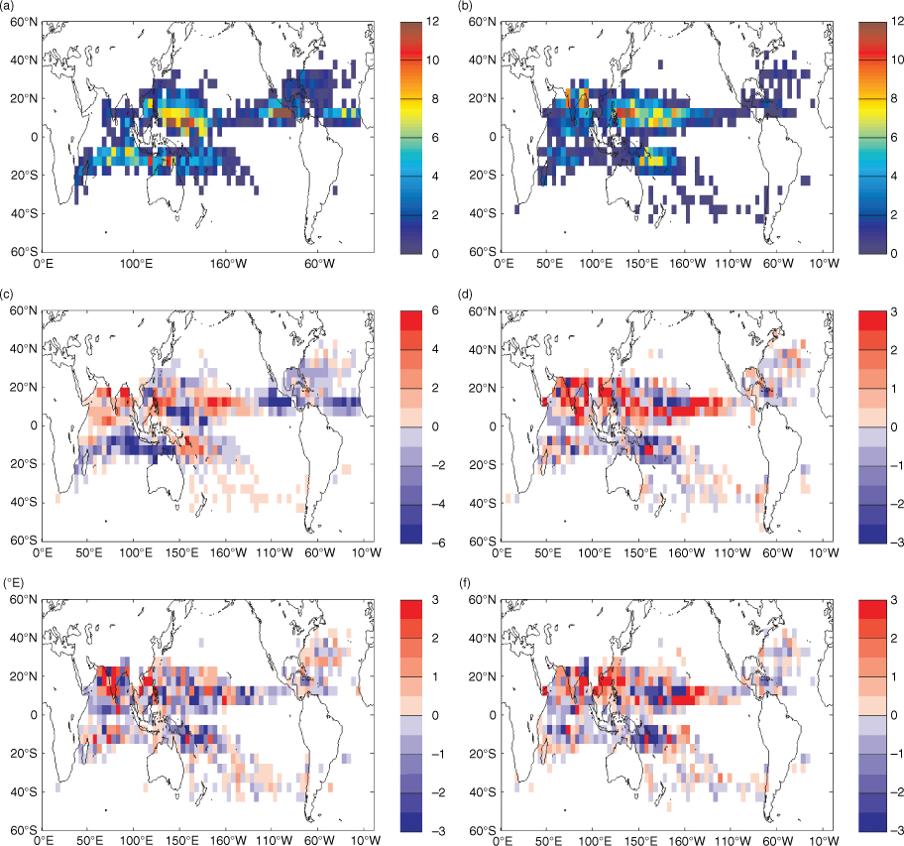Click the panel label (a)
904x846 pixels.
[10, 5]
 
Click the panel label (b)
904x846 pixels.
[466, 5]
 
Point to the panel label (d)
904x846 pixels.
[466, 295]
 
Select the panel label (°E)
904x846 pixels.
[13, 583]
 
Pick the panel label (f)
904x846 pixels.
[465, 583]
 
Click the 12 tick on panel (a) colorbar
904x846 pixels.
[432, 22]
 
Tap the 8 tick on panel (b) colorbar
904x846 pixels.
[894, 98]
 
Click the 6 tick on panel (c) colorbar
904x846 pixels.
[435, 310]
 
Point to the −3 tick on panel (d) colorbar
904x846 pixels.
[894, 543]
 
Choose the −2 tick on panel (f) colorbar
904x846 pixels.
[894, 792]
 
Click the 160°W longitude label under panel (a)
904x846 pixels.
[228, 264]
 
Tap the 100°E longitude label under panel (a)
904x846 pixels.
[136, 264]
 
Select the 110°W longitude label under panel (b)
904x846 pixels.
[733, 264]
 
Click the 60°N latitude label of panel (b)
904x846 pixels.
[482, 22]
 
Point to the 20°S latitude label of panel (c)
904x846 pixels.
[24, 464]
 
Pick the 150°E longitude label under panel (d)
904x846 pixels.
[640, 553]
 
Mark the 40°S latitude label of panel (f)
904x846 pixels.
[482, 791]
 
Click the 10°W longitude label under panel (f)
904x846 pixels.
[824, 841]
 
